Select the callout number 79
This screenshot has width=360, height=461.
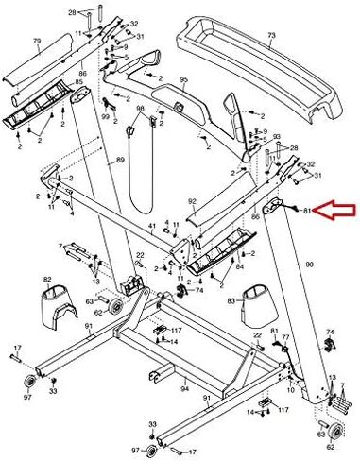pos(37,43)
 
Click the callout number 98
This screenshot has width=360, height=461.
pos(140,111)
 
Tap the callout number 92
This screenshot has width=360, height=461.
pos(192,201)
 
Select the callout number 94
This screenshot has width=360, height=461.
pos(185,388)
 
